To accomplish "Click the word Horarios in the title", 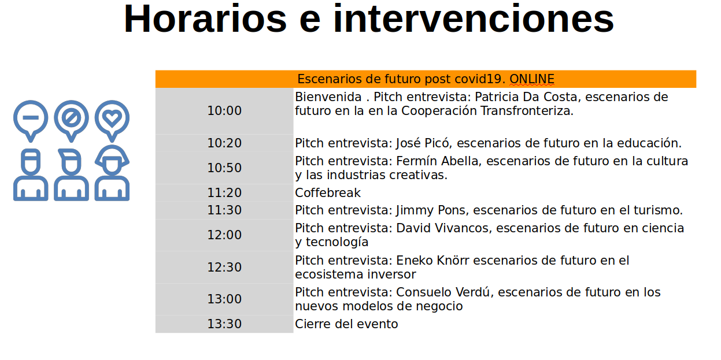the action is click(205, 18).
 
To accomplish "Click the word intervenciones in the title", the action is click(474, 18).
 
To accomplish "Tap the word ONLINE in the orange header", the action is click(532, 79).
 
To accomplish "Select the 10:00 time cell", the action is click(224, 111).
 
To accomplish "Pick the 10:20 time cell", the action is click(224, 143).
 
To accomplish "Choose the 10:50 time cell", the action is click(224, 168).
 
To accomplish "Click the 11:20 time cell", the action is click(224, 192).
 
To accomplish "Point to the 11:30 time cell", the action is click(224, 210).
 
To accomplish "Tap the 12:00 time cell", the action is click(224, 235).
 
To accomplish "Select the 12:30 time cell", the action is click(224, 268).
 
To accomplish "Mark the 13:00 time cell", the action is click(224, 299).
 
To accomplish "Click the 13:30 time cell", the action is click(224, 324).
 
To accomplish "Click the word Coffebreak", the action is click(328, 193).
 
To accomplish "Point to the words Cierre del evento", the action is click(346, 324).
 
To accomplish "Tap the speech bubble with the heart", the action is click(112, 121).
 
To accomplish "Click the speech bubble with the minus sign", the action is click(31, 121).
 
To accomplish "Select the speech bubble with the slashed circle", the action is click(71, 121).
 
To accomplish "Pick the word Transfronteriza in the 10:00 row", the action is click(527, 111).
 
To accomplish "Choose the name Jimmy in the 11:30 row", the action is click(415, 211).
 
